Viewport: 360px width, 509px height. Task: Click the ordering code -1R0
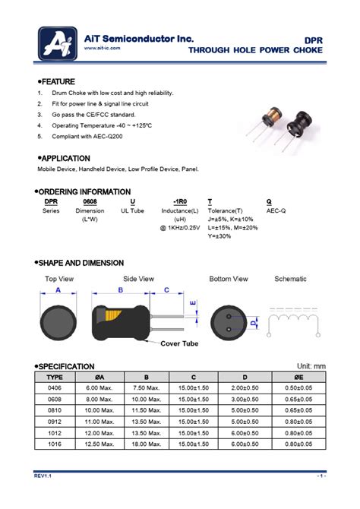click(179, 201)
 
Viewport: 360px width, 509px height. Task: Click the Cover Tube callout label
click(180, 343)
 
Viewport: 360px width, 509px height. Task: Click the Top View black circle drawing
click(58, 321)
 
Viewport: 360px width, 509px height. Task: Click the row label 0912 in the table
click(55, 421)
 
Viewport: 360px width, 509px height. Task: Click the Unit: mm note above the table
click(305, 365)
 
